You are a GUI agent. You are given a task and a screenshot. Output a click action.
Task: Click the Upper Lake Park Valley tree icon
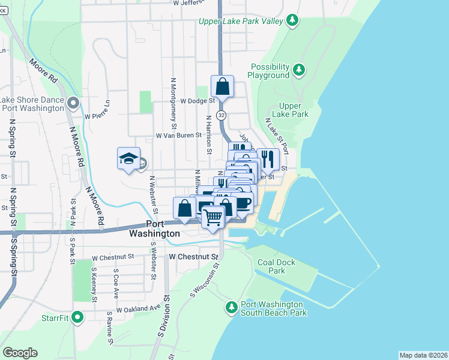tap(292, 21)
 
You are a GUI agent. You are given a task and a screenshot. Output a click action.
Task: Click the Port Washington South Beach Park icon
tap(232, 307)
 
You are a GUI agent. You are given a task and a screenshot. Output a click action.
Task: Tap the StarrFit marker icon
tap(77, 317)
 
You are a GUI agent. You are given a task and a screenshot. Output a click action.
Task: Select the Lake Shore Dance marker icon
tap(73, 103)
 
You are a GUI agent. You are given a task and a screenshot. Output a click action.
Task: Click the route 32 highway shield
tap(221, 115)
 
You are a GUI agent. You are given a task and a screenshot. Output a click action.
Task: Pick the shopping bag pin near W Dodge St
tap(222, 86)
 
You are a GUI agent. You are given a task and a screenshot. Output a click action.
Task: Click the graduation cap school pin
tap(128, 158)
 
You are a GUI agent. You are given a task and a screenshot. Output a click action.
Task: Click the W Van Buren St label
tap(178, 136)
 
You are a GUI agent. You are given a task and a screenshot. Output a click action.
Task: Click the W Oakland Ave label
tap(139, 308)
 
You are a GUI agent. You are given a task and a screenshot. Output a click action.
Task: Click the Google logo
tap(20, 352)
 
